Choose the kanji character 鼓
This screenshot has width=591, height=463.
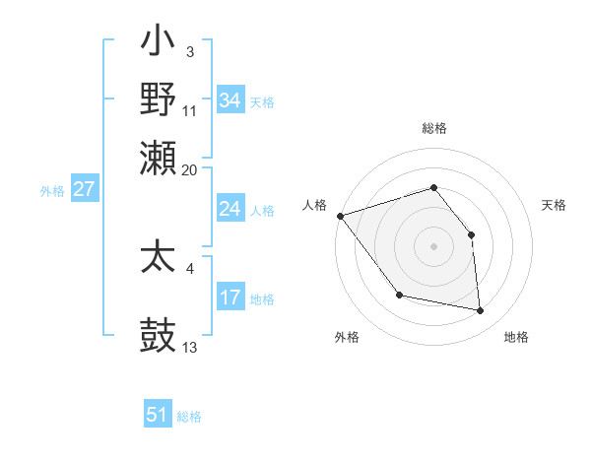tap(159, 335)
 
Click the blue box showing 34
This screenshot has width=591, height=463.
tap(230, 100)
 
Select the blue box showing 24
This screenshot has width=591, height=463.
tap(230, 209)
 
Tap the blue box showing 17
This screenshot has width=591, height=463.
tap(230, 298)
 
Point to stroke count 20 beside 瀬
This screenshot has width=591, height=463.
tap(190, 169)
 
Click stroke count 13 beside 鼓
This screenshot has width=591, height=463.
tap(190, 348)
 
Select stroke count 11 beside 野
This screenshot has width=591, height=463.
tap(190, 111)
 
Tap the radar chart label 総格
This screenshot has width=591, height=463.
tap(433, 128)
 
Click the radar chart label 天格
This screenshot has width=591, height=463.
tap(554, 205)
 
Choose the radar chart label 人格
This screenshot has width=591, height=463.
tap(314, 205)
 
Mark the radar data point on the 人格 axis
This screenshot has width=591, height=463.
tap(340, 216)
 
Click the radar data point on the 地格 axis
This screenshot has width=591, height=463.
tap(481, 311)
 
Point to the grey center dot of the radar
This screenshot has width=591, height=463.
tap(433, 245)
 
